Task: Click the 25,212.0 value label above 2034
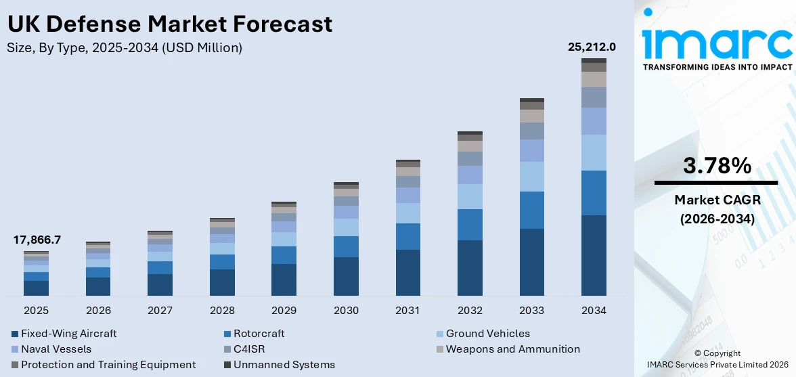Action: (x=591, y=47)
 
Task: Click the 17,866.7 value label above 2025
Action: (x=37, y=240)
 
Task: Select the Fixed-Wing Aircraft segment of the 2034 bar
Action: (x=594, y=255)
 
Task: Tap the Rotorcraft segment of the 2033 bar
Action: (x=532, y=210)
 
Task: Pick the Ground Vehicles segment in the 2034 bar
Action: (x=594, y=152)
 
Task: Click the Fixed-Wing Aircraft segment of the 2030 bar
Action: (x=346, y=276)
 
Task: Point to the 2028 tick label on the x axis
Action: (x=222, y=311)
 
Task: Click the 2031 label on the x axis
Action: (x=408, y=311)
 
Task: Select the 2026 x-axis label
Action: (x=98, y=311)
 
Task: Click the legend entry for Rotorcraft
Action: (x=259, y=334)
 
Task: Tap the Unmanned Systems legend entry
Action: (x=284, y=365)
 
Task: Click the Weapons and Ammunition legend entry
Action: (x=512, y=349)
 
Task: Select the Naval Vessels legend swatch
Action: (x=15, y=350)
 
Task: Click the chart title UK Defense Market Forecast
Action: (x=169, y=24)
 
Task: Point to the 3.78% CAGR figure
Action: (x=717, y=166)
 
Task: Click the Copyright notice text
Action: (x=717, y=353)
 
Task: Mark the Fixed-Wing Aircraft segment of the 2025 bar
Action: (x=36, y=288)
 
